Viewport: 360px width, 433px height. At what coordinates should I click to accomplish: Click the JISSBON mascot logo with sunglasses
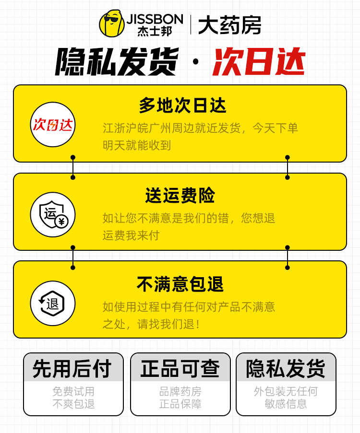click(x=111, y=23)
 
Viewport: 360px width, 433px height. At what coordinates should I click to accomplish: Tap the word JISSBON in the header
click(x=155, y=19)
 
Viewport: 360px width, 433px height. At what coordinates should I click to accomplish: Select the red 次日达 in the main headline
click(x=259, y=61)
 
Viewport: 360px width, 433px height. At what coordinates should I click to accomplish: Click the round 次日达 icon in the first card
click(x=53, y=125)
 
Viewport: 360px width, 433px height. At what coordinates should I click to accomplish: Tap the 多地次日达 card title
click(x=182, y=105)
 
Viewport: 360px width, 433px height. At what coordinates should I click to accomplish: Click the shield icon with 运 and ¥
click(x=53, y=214)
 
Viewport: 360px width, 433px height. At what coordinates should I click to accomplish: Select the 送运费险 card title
click(x=180, y=195)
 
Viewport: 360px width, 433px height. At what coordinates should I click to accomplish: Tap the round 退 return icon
click(x=53, y=303)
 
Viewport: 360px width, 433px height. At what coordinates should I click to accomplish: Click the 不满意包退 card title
click(x=180, y=284)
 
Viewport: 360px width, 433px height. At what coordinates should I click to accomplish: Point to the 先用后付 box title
click(x=73, y=368)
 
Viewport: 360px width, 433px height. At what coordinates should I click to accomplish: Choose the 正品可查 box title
click(x=180, y=368)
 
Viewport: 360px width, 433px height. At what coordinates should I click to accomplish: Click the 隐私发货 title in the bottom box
click(x=286, y=368)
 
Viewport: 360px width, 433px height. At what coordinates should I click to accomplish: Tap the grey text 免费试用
click(x=73, y=391)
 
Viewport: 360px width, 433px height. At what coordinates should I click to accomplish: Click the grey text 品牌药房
click(x=180, y=391)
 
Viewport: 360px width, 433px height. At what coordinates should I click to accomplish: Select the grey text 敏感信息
click(x=286, y=404)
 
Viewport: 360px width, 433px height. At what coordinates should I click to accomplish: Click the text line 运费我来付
click(x=131, y=235)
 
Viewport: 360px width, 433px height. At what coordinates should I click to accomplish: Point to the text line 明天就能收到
click(x=137, y=145)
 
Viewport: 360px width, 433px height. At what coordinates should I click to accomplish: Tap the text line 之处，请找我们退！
click(x=152, y=324)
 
